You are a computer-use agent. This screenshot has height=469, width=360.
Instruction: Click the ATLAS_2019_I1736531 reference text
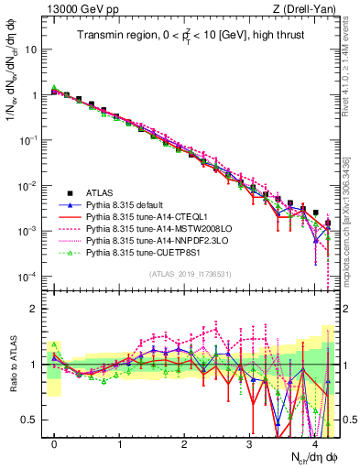tap(191, 274)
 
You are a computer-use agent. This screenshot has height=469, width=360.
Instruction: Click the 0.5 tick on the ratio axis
tap(35, 420)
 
